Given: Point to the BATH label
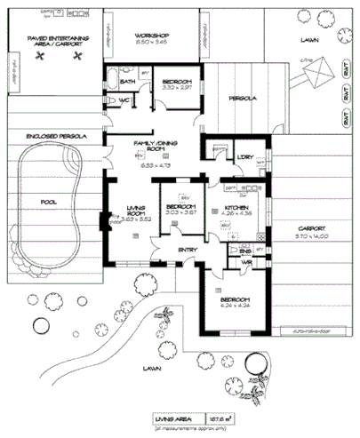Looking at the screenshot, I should point(127,83).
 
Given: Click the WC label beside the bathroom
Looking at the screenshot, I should point(124,100).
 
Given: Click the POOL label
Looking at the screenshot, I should point(48,201).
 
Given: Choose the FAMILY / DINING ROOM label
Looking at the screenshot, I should point(153,146).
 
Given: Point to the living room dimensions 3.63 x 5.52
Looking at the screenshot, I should point(136,219).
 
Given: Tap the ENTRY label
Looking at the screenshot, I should point(188,250).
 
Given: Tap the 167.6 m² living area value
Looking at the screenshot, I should point(218,416).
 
